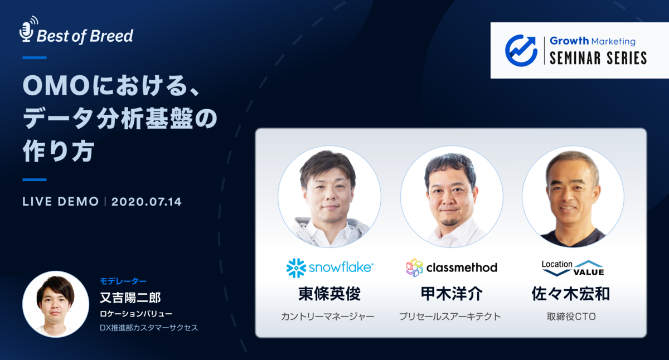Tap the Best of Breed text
click(85, 36)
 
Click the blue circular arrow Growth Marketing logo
click(521, 50)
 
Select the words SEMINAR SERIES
click(598, 58)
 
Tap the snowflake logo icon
click(295, 267)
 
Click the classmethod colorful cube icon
click(414, 267)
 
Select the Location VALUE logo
click(573, 267)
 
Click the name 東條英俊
click(329, 294)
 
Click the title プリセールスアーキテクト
click(450, 317)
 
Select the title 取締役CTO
click(572, 317)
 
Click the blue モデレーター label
click(123, 281)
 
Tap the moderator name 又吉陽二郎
click(130, 298)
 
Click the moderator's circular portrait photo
click(56, 304)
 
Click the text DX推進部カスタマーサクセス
click(148, 328)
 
